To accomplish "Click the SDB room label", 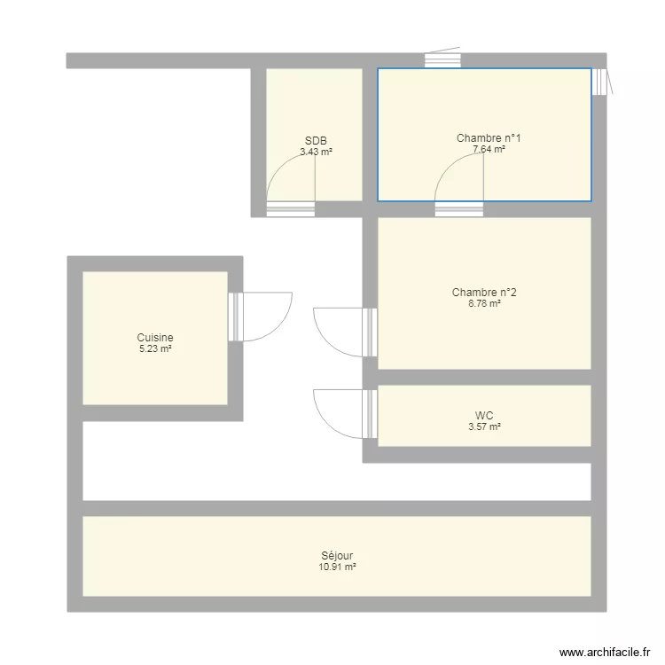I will [316, 141].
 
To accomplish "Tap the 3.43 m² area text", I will [316, 152].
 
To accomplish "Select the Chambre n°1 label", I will [489, 138].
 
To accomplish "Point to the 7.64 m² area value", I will [489, 149].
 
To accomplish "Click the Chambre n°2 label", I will [484, 293].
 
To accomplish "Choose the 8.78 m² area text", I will [484, 303].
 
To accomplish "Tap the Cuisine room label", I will [155, 338].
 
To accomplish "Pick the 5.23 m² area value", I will [155, 348].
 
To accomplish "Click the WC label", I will [484, 415].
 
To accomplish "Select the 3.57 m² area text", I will [484, 426].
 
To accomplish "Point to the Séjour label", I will [337, 556].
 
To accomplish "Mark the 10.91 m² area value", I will [337, 567].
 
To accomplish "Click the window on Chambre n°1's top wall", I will [442, 60].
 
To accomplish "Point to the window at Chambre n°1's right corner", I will [601, 82].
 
